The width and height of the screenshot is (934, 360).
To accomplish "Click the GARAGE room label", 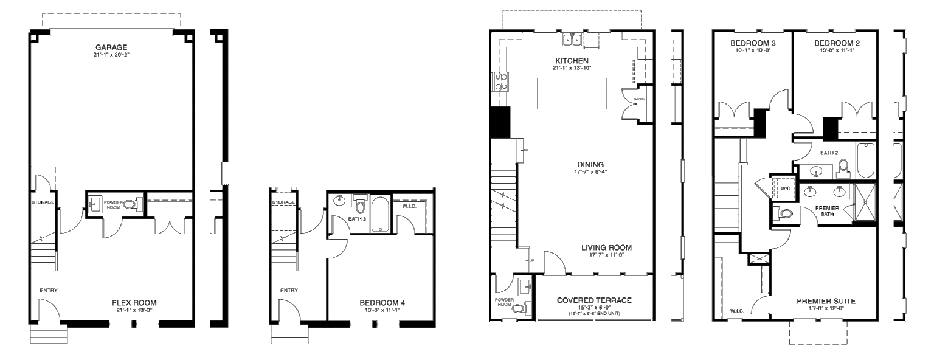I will point(111,47).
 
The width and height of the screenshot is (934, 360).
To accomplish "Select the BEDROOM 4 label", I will point(382,303).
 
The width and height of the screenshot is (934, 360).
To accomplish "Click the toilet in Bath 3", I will point(361,206).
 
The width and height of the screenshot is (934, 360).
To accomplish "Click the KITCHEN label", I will point(572,61).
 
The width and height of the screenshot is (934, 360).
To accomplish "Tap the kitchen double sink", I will point(572,40).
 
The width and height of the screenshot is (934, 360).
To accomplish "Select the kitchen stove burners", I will point(502,81).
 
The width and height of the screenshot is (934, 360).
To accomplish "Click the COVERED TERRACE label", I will point(594,300).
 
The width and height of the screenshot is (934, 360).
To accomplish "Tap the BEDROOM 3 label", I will point(753,43).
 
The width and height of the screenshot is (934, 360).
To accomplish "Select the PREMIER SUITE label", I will point(826,301).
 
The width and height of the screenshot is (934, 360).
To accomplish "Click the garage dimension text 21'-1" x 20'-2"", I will point(111,55).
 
